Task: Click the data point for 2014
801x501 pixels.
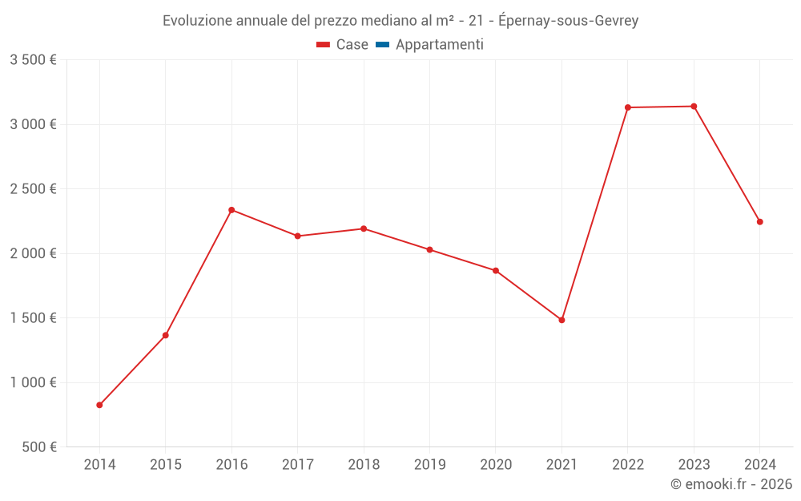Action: click(99, 405)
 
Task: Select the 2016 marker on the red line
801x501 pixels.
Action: click(231, 210)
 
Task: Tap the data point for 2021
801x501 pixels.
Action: click(562, 320)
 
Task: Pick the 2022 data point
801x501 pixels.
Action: click(628, 107)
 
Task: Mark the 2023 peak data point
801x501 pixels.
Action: click(694, 107)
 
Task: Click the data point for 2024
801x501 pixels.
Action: click(759, 222)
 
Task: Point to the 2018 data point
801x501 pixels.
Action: click(364, 228)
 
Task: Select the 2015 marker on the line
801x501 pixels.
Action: click(166, 335)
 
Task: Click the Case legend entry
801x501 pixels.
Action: click(352, 45)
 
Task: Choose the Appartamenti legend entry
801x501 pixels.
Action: click(439, 45)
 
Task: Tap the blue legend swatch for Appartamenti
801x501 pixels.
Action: click(382, 45)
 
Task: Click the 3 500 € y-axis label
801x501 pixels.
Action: click(33, 60)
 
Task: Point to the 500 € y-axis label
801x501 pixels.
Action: click(38, 447)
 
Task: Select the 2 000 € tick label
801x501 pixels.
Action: click(33, 253)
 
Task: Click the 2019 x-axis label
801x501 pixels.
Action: click(429, 465)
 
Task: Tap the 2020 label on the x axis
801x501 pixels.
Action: click(495, 465)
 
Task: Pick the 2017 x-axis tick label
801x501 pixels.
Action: click(297, 465)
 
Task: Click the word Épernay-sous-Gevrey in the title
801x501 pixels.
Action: click(568, 21)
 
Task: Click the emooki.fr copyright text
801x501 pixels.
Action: click(731, 484)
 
